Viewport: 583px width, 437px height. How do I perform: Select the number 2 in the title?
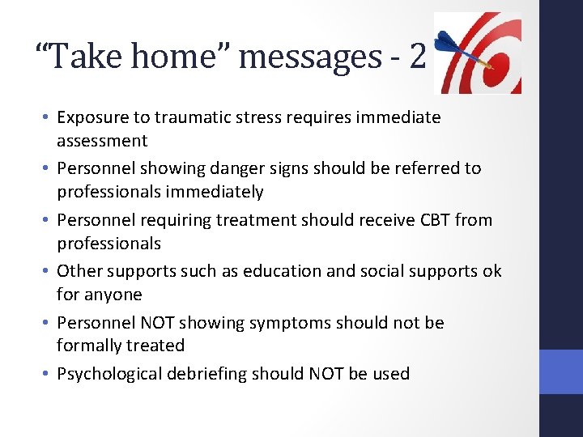[417, 56]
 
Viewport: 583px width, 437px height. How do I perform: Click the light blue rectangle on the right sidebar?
[560, 371]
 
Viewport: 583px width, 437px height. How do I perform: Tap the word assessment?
[102, 141]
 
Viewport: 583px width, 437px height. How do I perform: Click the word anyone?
[113, 295]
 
